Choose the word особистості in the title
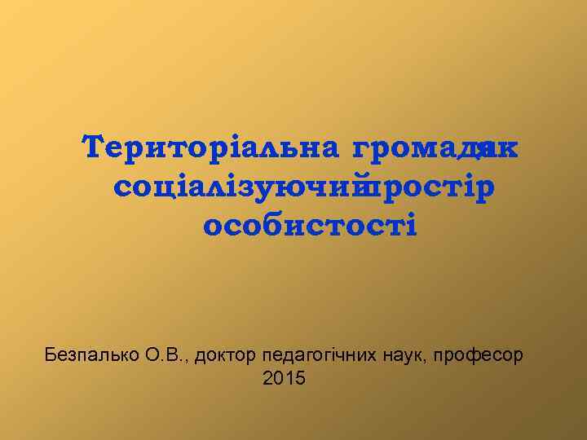point(310,224)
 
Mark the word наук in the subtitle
point(402,355)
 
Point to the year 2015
point(285,378)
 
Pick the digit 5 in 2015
point(299,378)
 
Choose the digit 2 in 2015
point(270,378)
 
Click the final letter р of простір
point(486,188)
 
